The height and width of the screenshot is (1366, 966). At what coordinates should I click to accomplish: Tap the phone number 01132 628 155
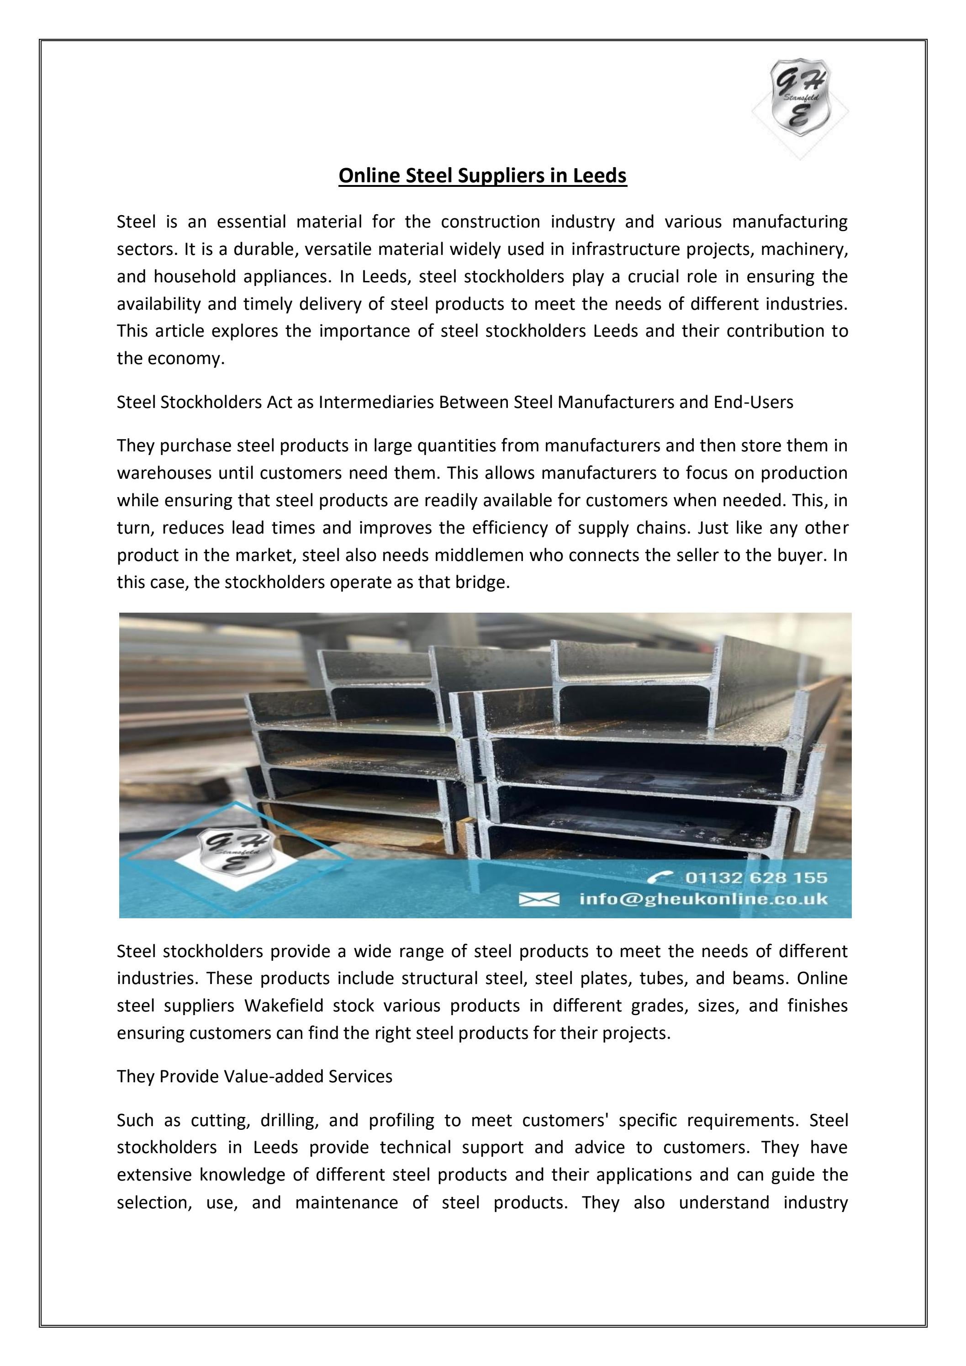tap(756, 878)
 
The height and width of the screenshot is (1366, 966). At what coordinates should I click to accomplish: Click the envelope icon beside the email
tap(539, 899)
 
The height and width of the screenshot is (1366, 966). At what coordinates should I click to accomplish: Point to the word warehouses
tap(164, 473)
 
